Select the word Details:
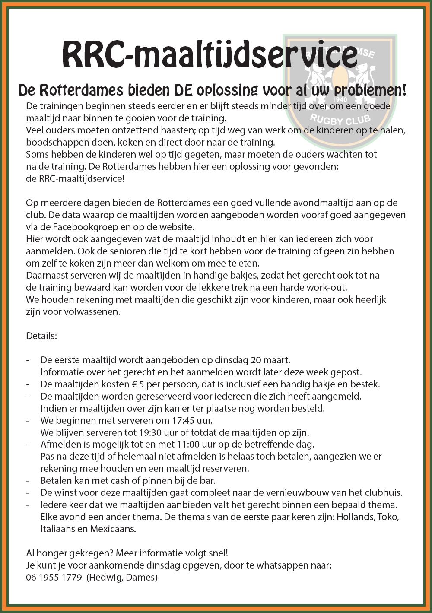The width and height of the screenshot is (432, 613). pos(41,336)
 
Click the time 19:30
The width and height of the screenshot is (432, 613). pos(151,432)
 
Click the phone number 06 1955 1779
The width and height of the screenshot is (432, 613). pos(54,577)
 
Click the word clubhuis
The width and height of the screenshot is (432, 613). pos(384,492)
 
